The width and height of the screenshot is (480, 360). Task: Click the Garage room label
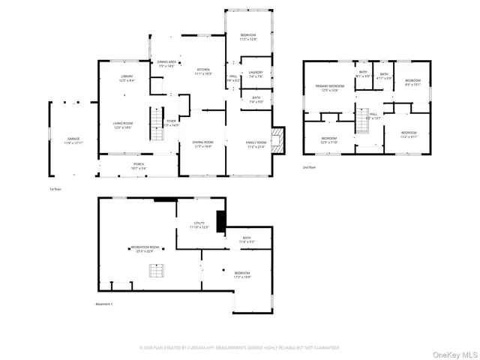(73, 139)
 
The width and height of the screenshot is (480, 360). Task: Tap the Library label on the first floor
(126, 78)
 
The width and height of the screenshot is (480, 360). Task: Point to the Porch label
(139, 164)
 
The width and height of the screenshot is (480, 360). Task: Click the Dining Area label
(166, 64)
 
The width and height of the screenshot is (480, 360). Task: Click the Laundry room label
(256, 74)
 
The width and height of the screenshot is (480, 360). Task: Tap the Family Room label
(256, 143)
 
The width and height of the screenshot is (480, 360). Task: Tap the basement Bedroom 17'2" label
(241, 274)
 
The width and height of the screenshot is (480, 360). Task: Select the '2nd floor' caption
(309, 167)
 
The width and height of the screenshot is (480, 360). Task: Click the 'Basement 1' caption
(103, 304)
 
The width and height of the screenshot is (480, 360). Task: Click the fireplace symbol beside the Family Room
(278, 140)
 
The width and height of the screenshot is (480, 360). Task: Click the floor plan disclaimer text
(240, 347)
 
